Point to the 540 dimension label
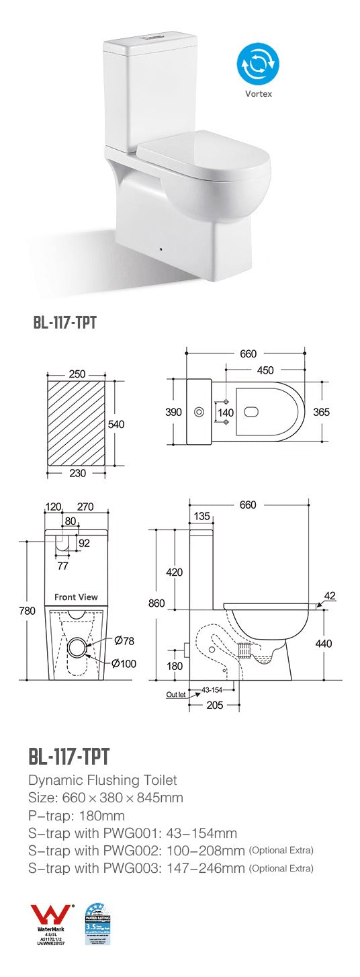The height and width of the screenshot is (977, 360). tap(116, 425)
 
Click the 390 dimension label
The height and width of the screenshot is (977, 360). tap(174, 412)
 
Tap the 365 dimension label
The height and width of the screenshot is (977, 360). tap(321, 412)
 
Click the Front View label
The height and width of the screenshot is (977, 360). tap(76, 597)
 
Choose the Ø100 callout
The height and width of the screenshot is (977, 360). tap(124, 664)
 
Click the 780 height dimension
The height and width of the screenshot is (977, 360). tap(27, 611)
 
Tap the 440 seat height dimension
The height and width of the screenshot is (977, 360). tap(324, 643)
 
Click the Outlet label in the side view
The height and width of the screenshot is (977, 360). tap(175, 695)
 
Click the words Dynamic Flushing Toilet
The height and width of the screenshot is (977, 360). tap(103, 780)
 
